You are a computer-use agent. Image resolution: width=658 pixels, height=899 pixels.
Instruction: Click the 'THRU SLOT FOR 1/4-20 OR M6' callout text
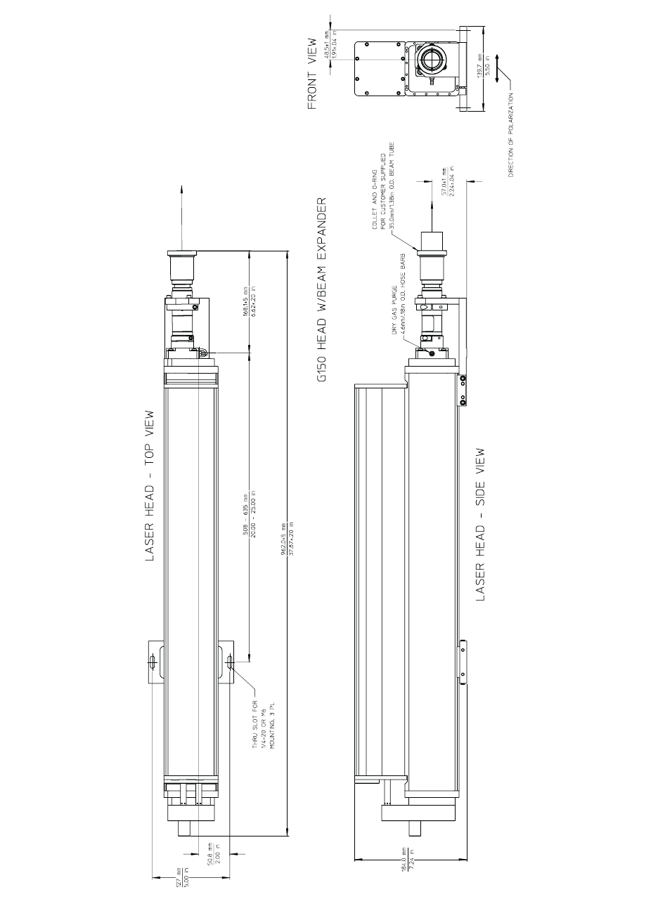264,716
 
